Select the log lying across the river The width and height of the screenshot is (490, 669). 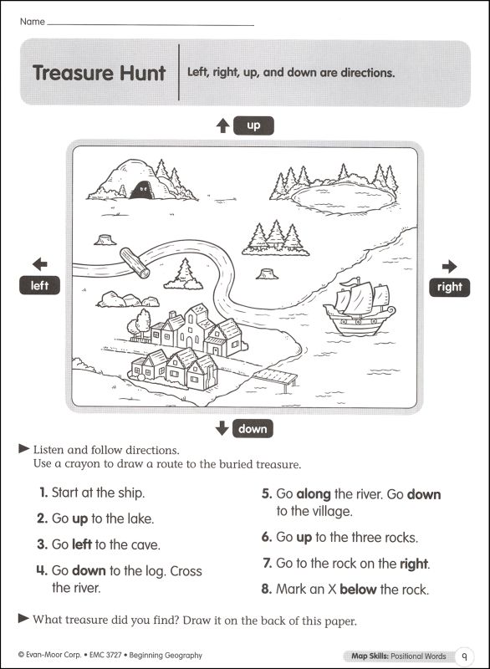135,262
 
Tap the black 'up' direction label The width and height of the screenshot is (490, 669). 253,125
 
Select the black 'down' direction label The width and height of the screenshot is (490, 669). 252,429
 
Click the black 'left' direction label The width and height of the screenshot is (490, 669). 40,286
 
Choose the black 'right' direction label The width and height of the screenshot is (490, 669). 449,287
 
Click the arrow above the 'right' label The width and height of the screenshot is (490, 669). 450,267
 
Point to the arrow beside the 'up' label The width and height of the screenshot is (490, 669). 222,125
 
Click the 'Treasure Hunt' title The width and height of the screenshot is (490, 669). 99,73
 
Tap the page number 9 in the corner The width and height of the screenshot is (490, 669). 464,656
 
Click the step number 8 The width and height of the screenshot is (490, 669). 266,590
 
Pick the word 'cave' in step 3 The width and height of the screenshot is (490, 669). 144,544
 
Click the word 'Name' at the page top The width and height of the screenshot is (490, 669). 32,20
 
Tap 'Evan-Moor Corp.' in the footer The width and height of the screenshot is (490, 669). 52,656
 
